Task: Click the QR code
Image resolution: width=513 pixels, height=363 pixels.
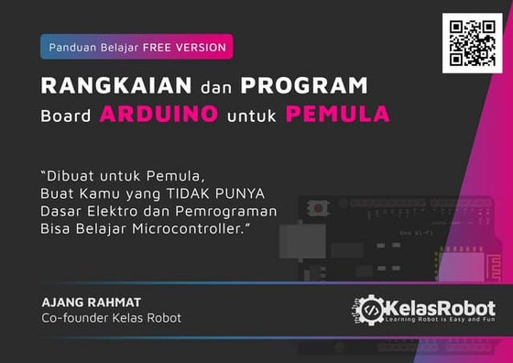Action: click(x=472, y=43)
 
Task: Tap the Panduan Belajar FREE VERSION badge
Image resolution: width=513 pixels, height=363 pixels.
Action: click(x=136, y=47)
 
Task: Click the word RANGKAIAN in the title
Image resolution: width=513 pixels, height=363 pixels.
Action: click(x=115, y=86)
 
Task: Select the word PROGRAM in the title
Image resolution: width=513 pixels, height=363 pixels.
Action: click(x=304, y=86)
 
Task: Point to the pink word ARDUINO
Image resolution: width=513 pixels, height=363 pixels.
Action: click(x=159, y=115)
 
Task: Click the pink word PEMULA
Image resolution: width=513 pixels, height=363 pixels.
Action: click(x=337, y=115)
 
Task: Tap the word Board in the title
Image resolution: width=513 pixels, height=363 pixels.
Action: click(x=66, y=115)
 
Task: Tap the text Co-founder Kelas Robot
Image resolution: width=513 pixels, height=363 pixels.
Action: click(x=111, y=318)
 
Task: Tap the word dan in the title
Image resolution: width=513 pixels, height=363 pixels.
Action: click(x=215, y=87)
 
